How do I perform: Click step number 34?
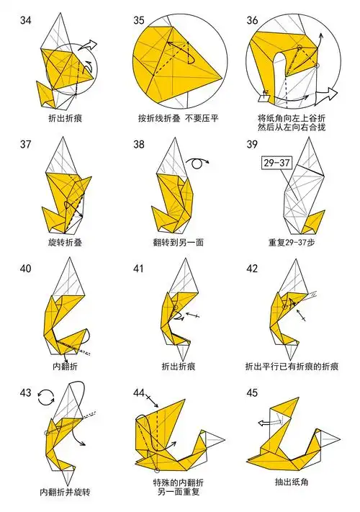(25, 20)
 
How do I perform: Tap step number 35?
(139, 20)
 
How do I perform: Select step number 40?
(25, 269)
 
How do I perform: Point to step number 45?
(252, 392)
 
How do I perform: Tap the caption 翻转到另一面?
(178, 243)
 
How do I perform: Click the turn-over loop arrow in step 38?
(197, 163)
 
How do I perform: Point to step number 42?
(252, 269)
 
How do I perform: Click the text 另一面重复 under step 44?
(178, 492)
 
